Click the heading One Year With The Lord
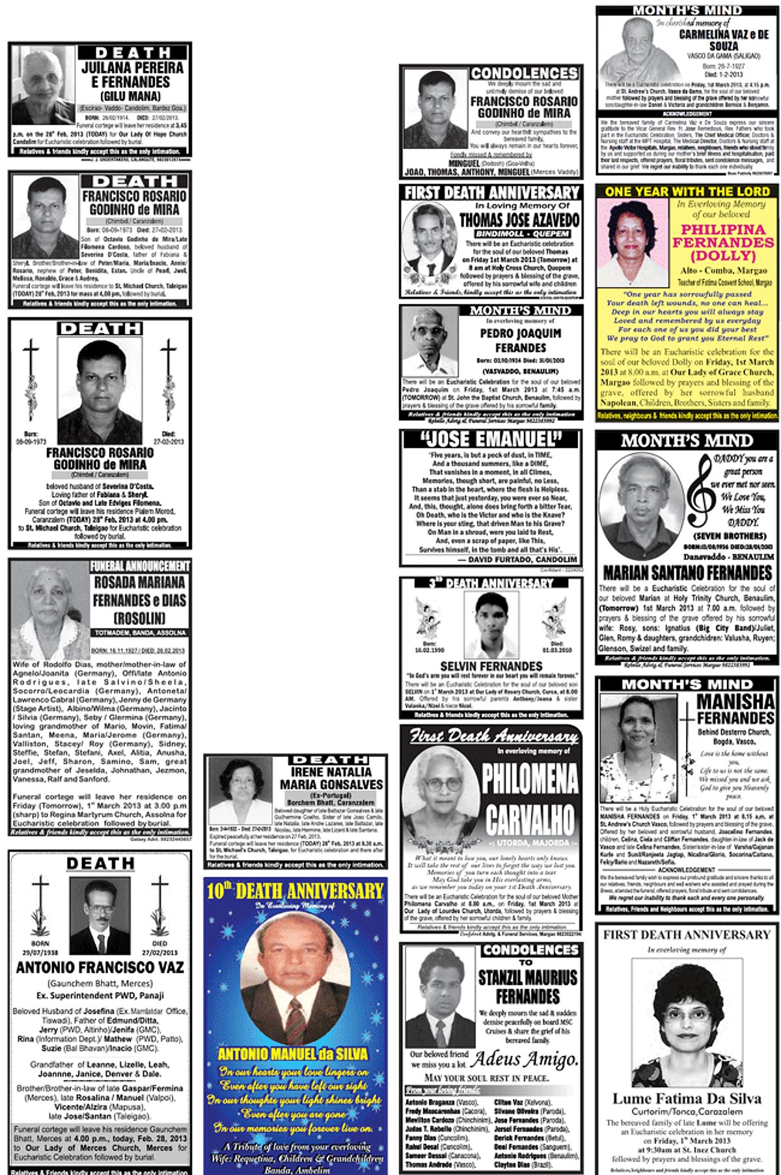pyautogui.click(x=687, y=191)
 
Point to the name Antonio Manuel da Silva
pyautogui.click(x=293, y=1053)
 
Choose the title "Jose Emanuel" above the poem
pyautogui.click(x=491, y=439)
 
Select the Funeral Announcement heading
pyautogui.click(x=140, y=566)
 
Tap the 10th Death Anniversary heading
pyautogui.click(x=295, y=891)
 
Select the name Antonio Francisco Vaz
pyautogui.click(x=100, y=967)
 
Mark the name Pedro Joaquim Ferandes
pyautogui.click(x=521, y=340)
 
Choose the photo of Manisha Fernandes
pyautogui.click(x=637, y=750)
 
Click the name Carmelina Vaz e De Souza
pyautogui.click(x=723, y=40)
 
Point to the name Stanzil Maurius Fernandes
pyautogui.click(x=528, y=987)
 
